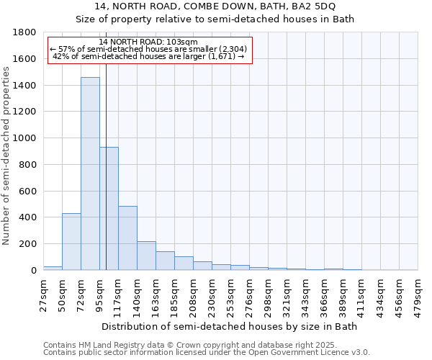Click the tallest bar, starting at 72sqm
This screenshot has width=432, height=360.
tap(90, 174)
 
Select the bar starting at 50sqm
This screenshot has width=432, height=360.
tap(71, 242)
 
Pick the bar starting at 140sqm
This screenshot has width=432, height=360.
tap(146, 256)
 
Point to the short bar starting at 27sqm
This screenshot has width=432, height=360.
tap(53, 268)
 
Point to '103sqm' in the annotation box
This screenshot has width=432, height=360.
tap(181, 42)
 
